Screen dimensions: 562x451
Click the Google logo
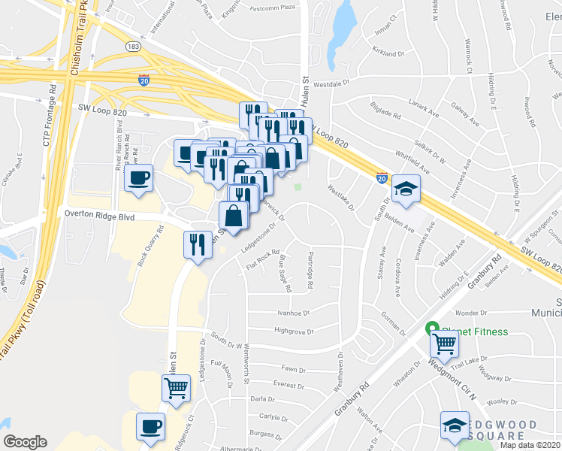click(26, 442)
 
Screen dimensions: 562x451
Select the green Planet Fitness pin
click(432, 328)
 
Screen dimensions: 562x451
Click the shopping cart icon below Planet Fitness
click(445, 344)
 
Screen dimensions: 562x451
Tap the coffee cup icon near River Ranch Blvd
click(139, 179)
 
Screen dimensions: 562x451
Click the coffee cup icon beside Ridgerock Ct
click(150, 427)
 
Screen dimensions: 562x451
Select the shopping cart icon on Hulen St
click(177, 389)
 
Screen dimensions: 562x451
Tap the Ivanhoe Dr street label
click(294, 313)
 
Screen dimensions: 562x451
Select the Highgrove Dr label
click(294, 331)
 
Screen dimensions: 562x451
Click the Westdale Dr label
click(333, 85)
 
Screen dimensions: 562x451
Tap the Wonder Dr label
click(472, 313)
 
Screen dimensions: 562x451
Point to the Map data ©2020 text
click(530, 445)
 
